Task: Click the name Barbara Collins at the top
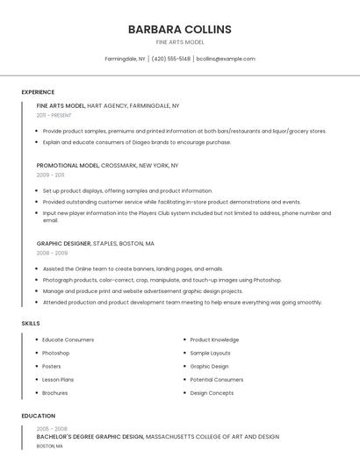180,29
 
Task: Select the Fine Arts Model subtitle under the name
180,42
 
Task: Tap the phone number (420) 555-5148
170,59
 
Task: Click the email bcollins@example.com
226,59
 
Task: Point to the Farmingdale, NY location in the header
126,59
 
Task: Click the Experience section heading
38,92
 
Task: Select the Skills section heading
31,324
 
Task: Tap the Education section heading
39,416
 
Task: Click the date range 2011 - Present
54,115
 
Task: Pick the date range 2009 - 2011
50,175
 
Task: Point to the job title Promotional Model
68,165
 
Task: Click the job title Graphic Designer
63,243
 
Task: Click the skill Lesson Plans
58,380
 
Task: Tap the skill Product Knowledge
214,340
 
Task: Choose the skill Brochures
54,393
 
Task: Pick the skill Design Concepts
212,393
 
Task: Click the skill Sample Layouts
211,353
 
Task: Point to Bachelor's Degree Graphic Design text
90,436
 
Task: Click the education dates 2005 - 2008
51,428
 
